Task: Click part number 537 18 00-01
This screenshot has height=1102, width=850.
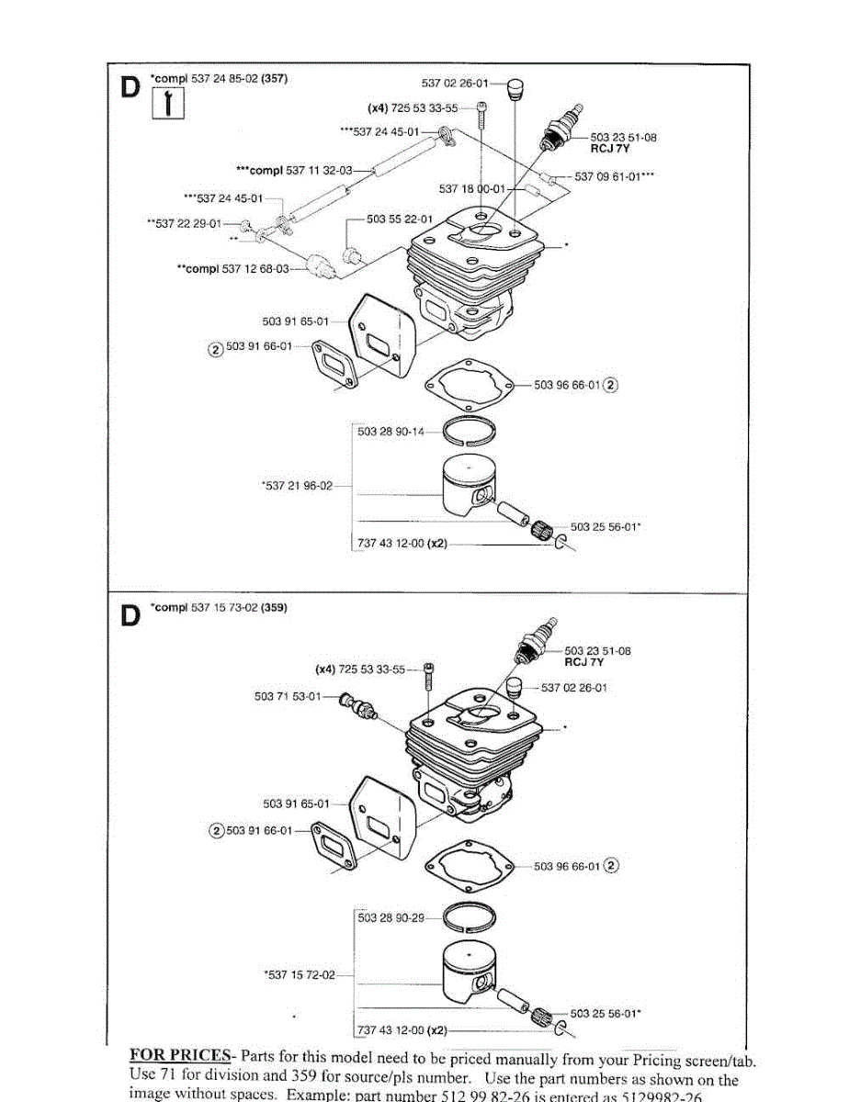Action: (x=472, y=189)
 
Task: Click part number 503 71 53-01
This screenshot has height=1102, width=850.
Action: (x=288, y=696)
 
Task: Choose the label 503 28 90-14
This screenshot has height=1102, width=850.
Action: (x=391, y=432)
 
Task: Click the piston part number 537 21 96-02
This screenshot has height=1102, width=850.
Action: (x=298, y=486)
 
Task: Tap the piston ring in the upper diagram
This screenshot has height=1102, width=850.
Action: (x=471, y=429)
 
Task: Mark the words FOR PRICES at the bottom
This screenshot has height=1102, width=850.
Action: (x=179, y=1054)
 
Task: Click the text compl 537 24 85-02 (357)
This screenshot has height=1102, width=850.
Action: (x=221, y=78)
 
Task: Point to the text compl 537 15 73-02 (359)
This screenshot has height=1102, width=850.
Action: (x=221, y=608)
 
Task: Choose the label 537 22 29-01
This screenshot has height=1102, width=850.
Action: (x=185, y=222)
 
